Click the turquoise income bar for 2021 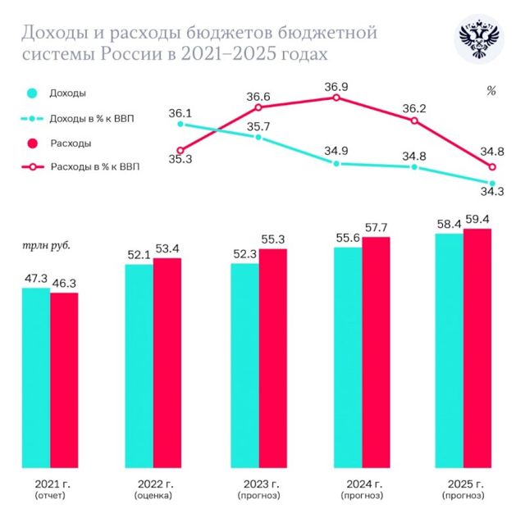[35, 377]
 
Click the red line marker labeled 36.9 [336, 98]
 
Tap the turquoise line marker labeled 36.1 [180, 125]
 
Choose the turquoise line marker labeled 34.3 [492, 183]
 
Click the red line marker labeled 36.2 [414, 121]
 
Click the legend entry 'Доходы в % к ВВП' [92, 119]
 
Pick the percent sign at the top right [491, 92]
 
